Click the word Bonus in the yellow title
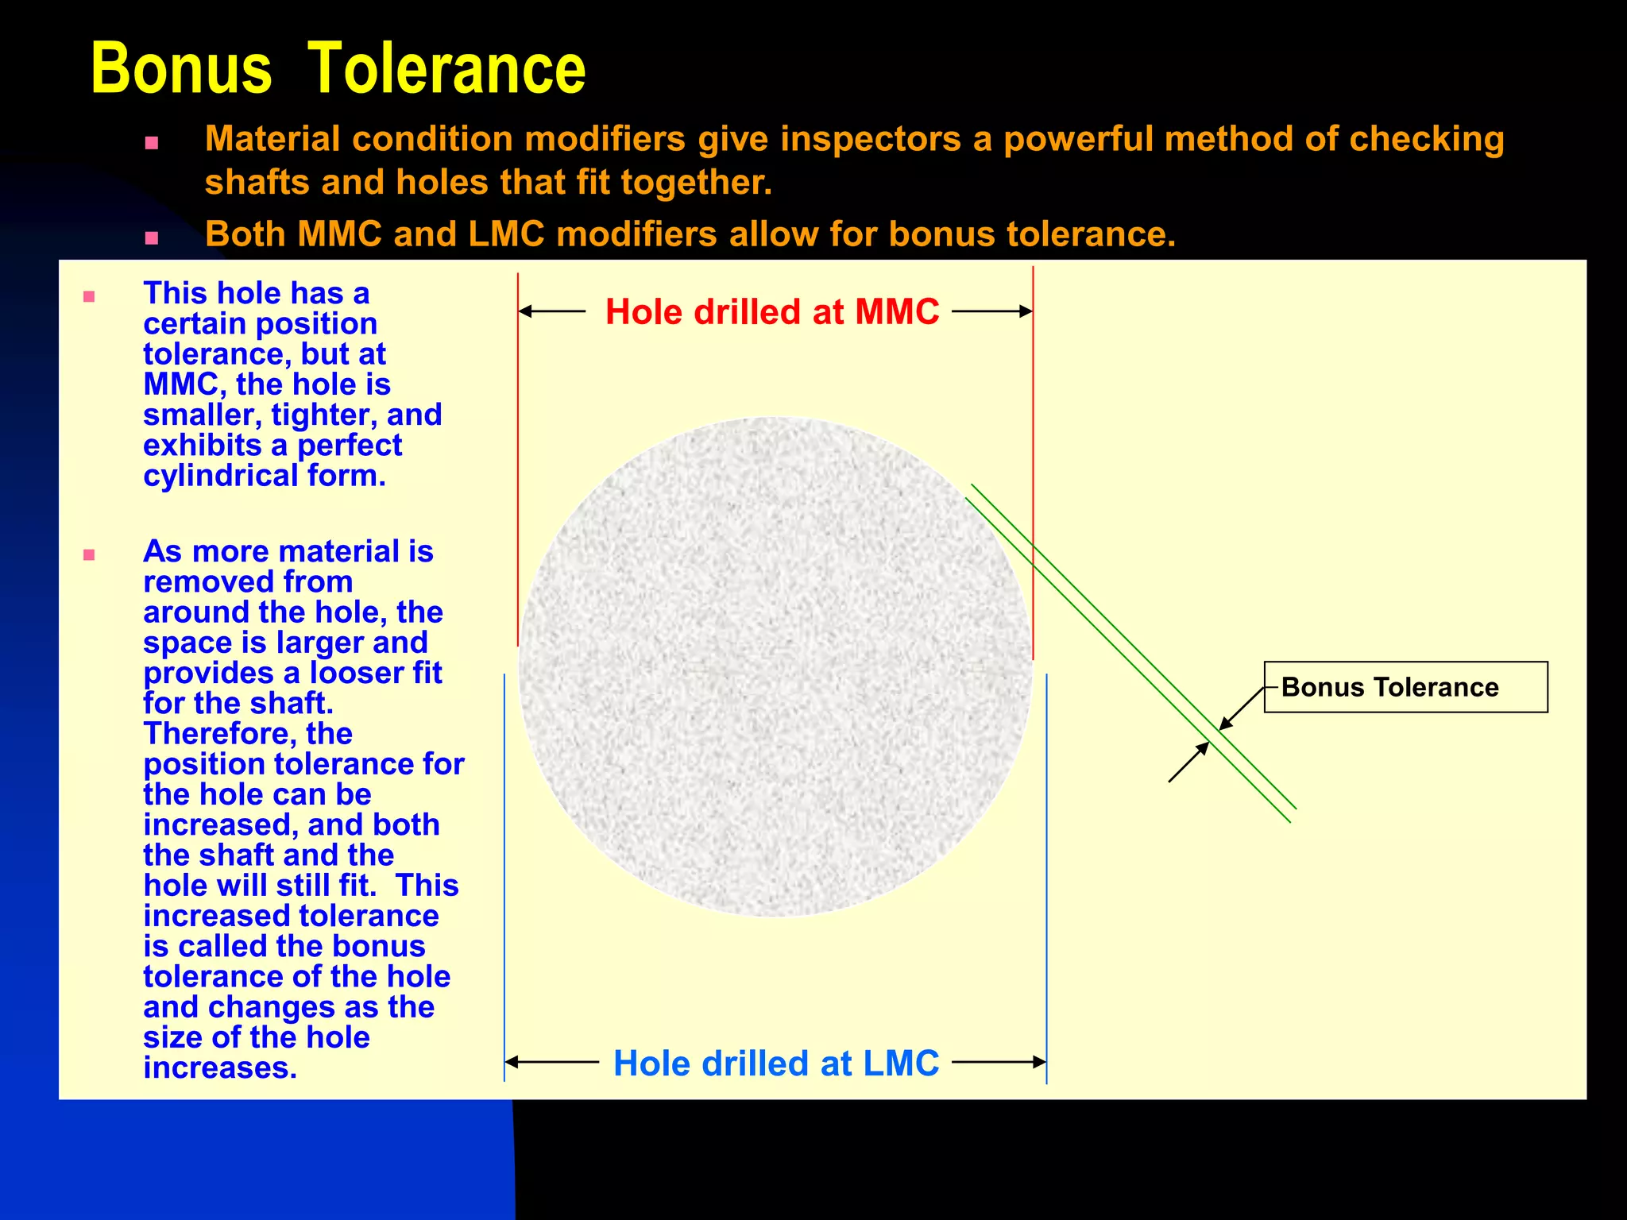point(181,69)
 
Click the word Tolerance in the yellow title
point(446,69)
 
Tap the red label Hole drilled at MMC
point(772,311)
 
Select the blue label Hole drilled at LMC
point(776,1063)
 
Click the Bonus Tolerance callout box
point(1405,687)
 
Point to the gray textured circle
point(775,666)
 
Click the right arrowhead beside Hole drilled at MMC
point(1026,311)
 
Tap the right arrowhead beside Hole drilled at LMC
point(1039,1062)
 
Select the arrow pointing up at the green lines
point(1188,762)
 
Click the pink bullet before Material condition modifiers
point(152,145)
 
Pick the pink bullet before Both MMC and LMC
point(152,237)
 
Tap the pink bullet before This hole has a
point(89,297)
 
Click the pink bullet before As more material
point(89,554)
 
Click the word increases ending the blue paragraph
point(219,1068)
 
